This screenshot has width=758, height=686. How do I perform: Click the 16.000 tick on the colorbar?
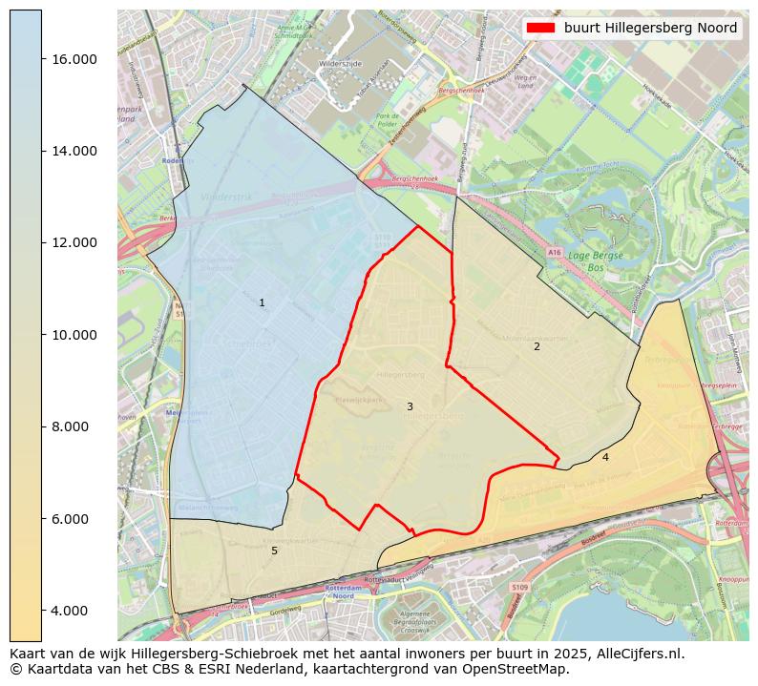(x=74, y=59)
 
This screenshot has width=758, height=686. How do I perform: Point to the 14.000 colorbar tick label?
(x=74, y=151)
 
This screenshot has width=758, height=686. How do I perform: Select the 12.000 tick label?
(x=74, y=242)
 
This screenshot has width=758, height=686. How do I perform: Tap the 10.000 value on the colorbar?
(x=74, y=335)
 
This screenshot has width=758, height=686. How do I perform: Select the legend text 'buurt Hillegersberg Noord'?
(x=650, y=28)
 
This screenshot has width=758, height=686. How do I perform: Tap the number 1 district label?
(x=262, y=303)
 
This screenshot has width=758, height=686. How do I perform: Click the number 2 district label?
(x=537, y=347)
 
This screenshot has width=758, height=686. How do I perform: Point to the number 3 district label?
(x=410, y=407)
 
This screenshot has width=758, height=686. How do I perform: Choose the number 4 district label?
(x=605, y=458)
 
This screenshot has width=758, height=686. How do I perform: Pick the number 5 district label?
(x=274, y=551)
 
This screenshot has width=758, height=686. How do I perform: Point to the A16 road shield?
(x=555, y=252)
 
